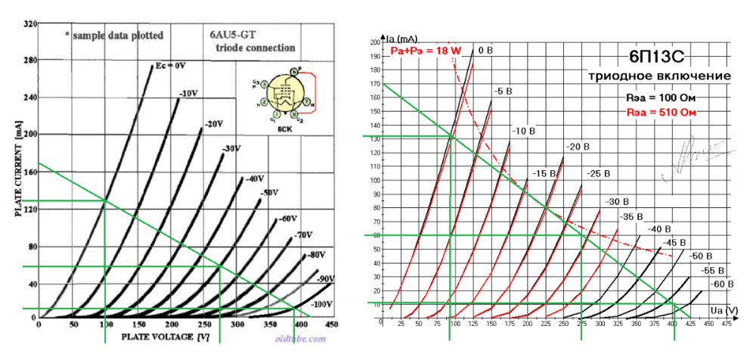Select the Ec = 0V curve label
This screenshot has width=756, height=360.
pos(170,66)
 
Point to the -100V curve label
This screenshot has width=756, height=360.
pos(323,303)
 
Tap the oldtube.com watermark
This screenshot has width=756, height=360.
pos(299,340)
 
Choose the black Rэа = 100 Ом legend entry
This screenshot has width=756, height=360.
pos(661,98)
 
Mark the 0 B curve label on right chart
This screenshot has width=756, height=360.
pos(484,51)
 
